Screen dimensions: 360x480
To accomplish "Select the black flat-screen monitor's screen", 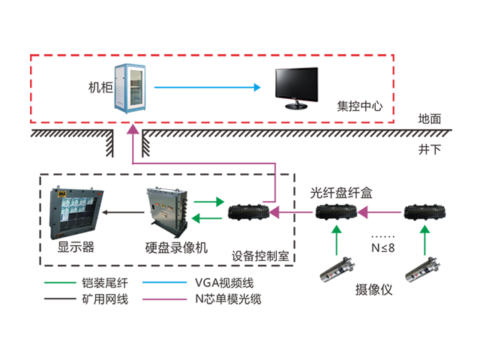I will pos(297,82).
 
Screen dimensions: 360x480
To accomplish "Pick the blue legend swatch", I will pos(163,283).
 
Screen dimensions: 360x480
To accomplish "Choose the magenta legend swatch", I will pos(163,296).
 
